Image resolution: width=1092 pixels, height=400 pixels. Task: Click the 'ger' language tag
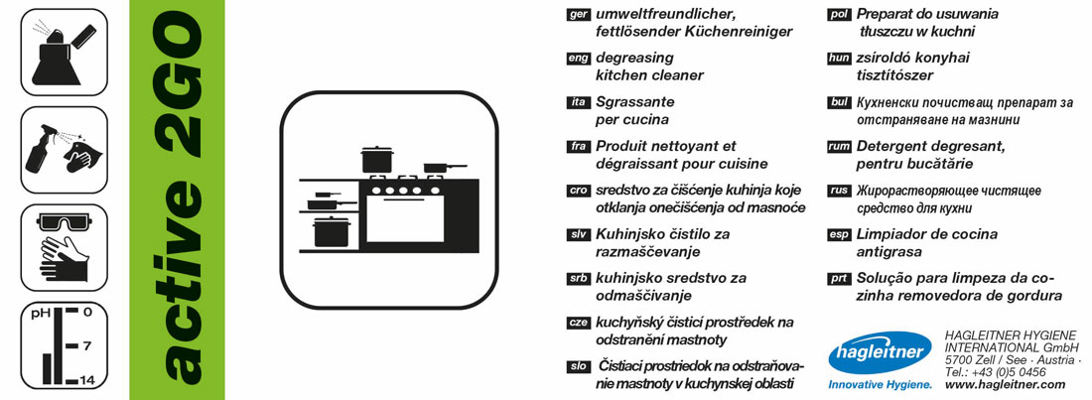[x=578, y=15]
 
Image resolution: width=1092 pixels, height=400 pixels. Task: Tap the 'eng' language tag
[x=578, y=59]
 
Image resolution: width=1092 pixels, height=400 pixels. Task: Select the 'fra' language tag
[x=578, y=146]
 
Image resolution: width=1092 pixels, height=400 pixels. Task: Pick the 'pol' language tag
[x=838, y=15]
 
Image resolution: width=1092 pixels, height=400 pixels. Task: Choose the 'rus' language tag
[x=838, y=191]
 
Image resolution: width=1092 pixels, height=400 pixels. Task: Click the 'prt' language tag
[x=838, y=279]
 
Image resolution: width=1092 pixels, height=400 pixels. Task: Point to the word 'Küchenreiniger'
[x=738, y=32]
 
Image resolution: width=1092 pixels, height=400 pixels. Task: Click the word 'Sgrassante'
[x=635, y=102]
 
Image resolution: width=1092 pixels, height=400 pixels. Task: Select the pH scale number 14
[x=86, y=380]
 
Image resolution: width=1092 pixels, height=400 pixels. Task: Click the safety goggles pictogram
[x=64, y=222]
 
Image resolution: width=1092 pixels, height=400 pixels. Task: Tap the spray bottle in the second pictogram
[x=42, y=154]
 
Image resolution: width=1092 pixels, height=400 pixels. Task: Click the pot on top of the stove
[x=377, y=159]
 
